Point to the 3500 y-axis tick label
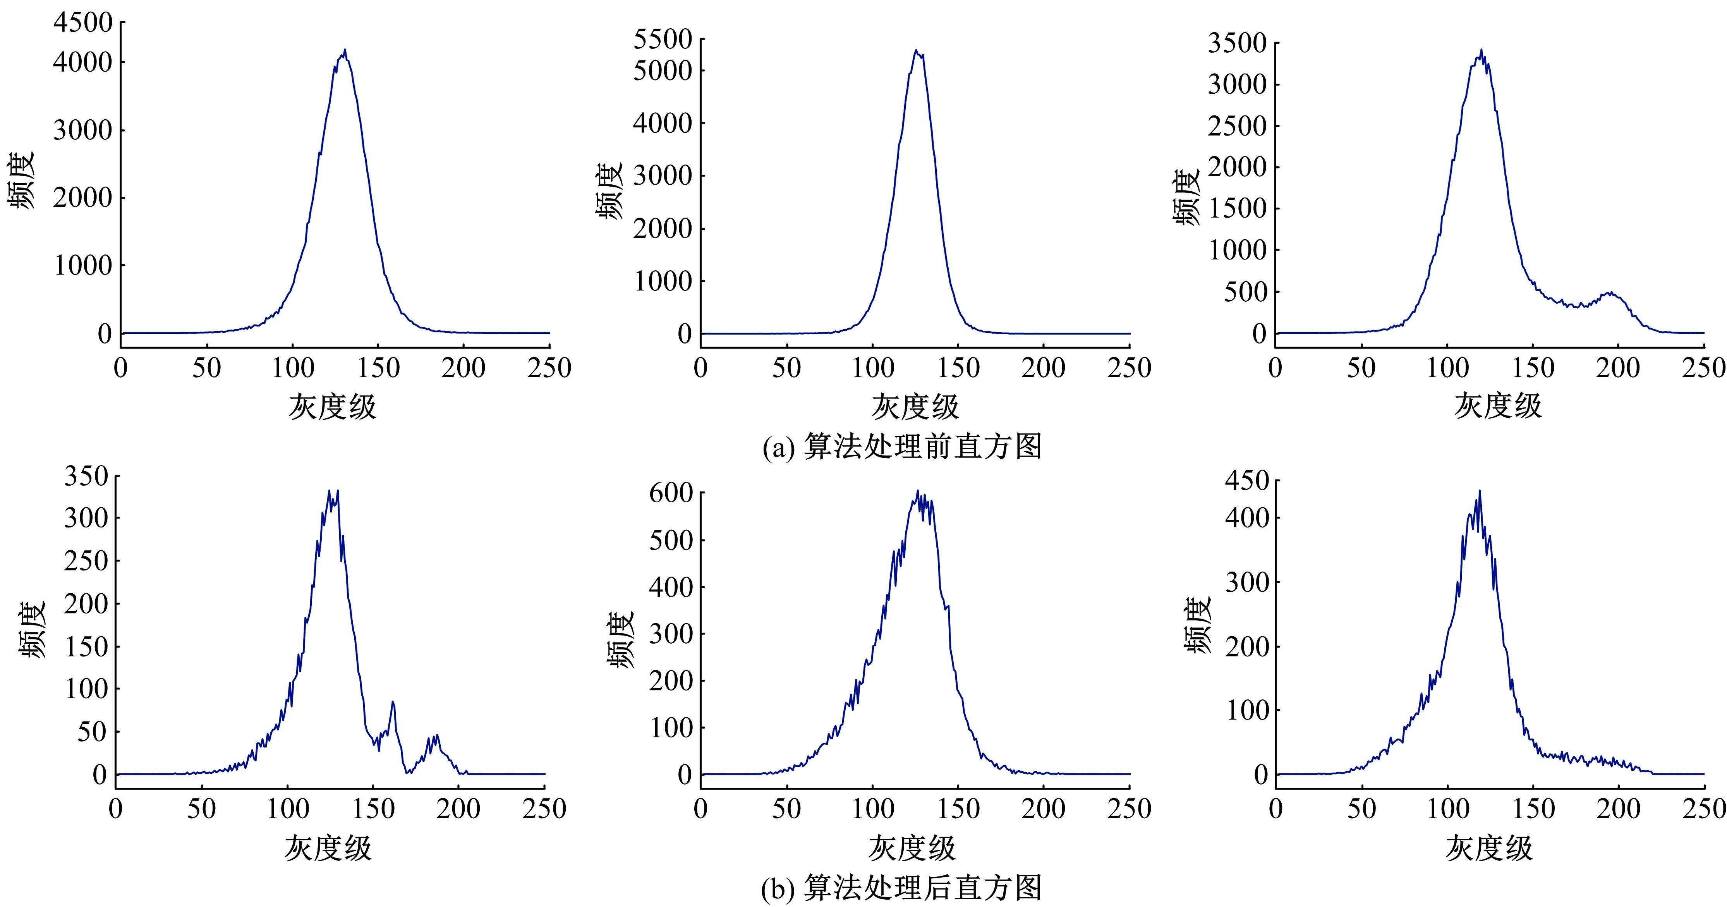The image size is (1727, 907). pyautogui.click(x=1238, y=44)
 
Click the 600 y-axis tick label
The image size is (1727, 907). pyautogui.click(x=670, y=493)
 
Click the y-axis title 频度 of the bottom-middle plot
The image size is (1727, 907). pyautogui.click(x=621, y=640)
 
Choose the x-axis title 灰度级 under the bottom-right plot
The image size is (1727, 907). pyautogui.click(x=1488, y=848)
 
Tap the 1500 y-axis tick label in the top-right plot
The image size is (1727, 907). pyautogui.click(x=1238, y=208)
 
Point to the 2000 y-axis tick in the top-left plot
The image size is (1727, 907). pyautogui.click(x=83, y=198)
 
